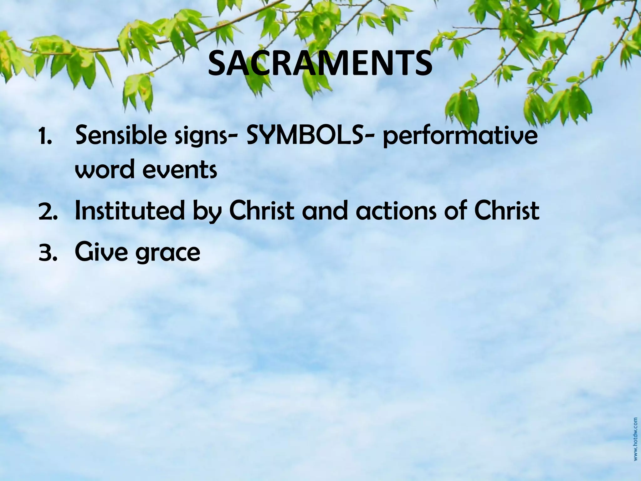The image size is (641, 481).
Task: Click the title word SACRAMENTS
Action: [320, 64]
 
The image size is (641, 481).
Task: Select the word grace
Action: [168, 254]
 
